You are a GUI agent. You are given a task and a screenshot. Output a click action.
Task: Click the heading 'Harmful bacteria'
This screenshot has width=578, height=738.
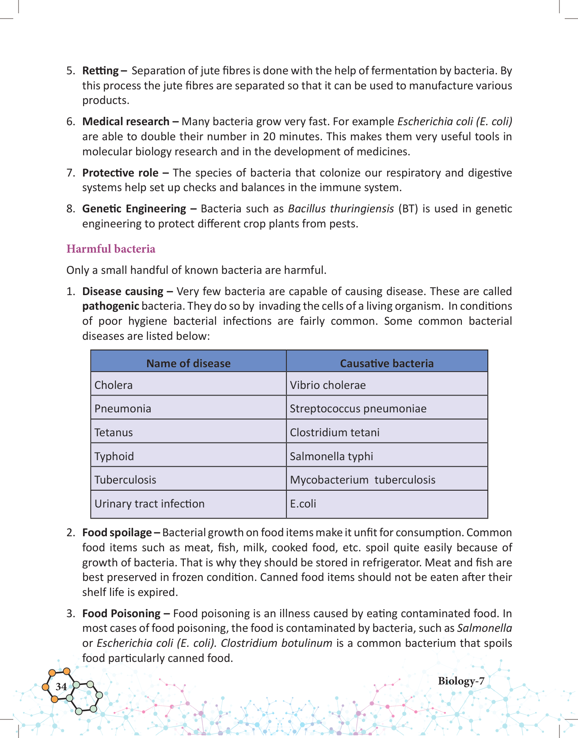coord(111,249)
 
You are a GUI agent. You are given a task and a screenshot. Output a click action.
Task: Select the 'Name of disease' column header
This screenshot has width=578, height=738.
coord(188,363)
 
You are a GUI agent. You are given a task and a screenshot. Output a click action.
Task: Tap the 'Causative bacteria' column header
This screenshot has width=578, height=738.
coord(387,363)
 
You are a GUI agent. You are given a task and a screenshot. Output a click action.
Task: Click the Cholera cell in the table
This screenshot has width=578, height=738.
coord(114,385)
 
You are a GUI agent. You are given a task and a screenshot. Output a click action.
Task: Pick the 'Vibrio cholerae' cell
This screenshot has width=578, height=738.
coord(328,385)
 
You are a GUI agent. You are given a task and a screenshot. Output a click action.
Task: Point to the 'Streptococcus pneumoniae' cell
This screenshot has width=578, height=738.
coord(358,408)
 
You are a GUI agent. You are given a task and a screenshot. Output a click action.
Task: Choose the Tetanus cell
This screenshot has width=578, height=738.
coord(114,432)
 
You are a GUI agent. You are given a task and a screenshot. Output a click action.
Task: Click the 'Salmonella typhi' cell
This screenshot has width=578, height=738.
coord(331,456)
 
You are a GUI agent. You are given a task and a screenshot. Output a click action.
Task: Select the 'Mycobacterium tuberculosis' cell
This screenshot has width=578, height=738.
coord(362,480)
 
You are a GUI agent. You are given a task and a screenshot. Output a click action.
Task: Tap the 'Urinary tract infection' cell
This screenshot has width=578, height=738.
coord(149,504)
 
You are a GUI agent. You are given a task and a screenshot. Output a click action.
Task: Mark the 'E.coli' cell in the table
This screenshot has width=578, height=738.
coord(303,504)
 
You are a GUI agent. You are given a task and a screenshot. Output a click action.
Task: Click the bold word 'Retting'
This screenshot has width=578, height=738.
coord(101,71)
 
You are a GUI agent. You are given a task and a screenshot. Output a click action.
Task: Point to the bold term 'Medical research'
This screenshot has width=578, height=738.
coord(126,122)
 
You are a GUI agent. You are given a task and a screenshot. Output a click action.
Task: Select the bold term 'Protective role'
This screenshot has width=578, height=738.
coord(121,173)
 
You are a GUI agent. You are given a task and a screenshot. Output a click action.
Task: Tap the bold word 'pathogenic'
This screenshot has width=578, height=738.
coord(110,306)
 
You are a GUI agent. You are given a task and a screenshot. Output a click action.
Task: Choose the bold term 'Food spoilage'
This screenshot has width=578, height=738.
coord(117,532)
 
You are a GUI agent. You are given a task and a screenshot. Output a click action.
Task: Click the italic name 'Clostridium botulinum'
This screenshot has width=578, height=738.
coord(277,643)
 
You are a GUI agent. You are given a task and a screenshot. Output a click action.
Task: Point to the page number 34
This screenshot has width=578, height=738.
coord(61,687)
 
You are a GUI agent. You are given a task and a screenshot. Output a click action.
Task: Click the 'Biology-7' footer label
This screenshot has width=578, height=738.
coord(461,681)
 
